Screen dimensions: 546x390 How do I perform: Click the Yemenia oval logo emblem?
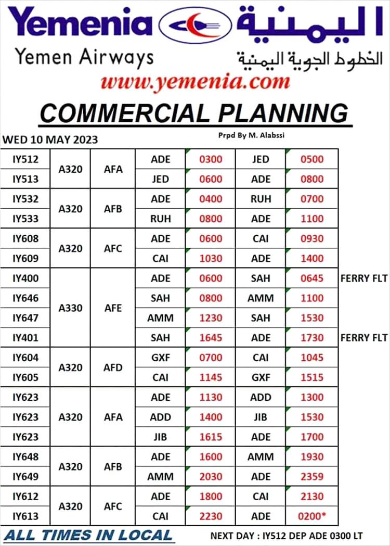195,25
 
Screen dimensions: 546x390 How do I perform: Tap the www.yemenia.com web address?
194,82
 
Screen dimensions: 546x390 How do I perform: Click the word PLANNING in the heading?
281,112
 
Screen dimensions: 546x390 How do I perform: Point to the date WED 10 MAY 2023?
50,139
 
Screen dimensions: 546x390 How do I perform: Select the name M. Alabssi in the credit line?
265,135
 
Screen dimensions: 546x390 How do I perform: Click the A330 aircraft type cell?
70,308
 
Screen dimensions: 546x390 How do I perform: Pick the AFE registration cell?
113,308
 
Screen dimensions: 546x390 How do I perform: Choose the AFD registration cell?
113,367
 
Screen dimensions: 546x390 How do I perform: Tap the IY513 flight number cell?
25,179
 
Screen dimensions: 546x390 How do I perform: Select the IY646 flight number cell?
25,298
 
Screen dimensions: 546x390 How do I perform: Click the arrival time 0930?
312,239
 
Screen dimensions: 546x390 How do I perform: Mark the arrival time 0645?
312,278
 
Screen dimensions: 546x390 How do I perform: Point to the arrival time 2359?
312,476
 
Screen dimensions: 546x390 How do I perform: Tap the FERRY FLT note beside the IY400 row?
364,278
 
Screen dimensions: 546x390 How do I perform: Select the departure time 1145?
211,377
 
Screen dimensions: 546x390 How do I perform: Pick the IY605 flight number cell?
25,377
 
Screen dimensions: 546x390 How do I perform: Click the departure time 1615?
211,437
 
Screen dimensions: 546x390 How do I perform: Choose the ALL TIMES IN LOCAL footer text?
88,535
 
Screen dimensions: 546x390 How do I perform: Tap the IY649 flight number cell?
25,476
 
